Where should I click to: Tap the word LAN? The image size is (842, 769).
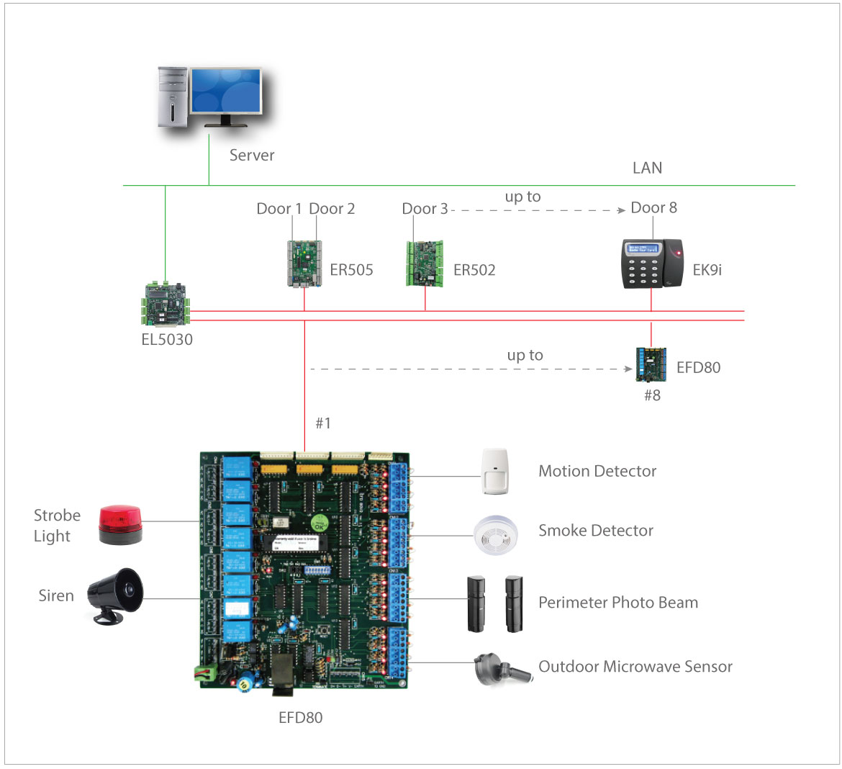click(647, 168)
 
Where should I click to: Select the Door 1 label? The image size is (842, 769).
click(279, 209)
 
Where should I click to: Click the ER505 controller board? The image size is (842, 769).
click(304, 263)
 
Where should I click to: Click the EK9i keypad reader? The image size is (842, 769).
click(652, 264)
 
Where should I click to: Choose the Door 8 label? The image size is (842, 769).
click(653, 208)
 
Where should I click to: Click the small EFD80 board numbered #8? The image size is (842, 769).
click(651, 365)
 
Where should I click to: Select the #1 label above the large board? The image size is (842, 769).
click(323, 423)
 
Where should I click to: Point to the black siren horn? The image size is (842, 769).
click(115, 594)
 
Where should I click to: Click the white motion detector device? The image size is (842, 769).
click(495, 472)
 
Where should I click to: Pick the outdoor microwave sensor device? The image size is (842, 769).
click(502, 669)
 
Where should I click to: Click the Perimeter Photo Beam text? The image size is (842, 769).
click(618, 603)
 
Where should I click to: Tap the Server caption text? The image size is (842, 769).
click(252, 155)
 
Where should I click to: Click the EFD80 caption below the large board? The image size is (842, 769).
click(300, 717)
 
